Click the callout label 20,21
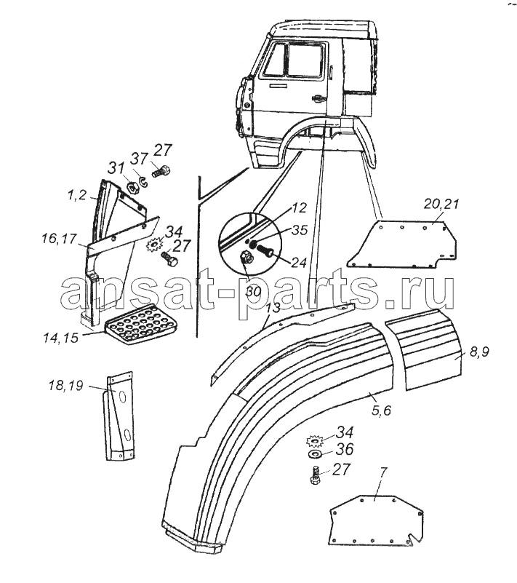click(441, 205)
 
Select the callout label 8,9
click(479, 352)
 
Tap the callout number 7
click(383, 472)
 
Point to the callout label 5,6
click(382, 411)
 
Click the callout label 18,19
click(65, 386)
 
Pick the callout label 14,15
click(60, 338)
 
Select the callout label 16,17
click(59, 238)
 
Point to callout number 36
click(345, 450)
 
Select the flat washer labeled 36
click(316, 453)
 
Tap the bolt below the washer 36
click(315, 475)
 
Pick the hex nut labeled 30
click(245, 256)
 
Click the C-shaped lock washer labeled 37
click(143, 182)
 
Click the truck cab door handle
click(317, 98)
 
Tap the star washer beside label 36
click(314, 441)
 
